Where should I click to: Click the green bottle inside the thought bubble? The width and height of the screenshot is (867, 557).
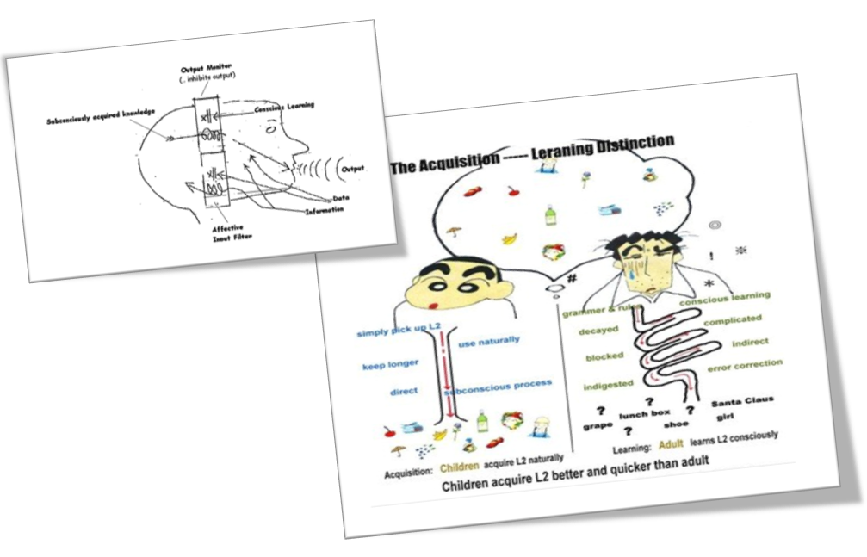coord(550,214)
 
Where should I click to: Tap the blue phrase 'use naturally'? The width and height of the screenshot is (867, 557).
coord(489,342)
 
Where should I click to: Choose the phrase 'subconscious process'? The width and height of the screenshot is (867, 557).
coord(499,386)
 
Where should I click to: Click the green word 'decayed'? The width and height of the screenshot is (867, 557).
coord(600,329)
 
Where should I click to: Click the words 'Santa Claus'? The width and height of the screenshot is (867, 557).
coord(742,400)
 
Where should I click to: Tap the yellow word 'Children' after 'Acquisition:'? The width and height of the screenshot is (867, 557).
coord(459,468)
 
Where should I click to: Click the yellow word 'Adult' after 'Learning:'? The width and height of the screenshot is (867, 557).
coord(672,445)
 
